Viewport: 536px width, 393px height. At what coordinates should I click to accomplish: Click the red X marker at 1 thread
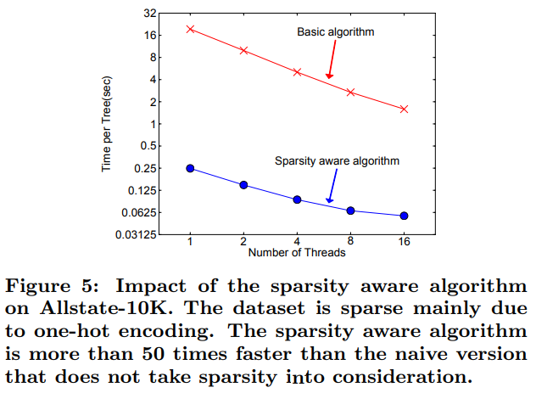click(191, 29)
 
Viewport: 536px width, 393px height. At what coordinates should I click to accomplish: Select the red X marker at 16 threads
click(404, 109)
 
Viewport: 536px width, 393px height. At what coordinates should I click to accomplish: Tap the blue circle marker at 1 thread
click(191, 168)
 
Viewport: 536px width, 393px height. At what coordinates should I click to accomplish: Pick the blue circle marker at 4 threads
click(297, 199)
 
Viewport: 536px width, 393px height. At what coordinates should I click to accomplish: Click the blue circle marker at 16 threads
click(404, 216)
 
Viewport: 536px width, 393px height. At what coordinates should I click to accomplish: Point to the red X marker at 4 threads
click(297, 72)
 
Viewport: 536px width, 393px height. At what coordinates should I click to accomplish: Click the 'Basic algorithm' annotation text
click(335, 32)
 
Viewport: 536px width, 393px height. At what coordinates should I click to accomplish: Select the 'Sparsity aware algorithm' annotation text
click(337, 160)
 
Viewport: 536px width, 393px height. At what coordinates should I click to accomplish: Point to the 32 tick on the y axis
click(151, 14)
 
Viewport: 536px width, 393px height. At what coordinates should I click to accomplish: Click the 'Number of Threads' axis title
click(296, 253)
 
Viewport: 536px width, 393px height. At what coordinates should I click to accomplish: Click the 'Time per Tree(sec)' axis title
click(107, 125)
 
